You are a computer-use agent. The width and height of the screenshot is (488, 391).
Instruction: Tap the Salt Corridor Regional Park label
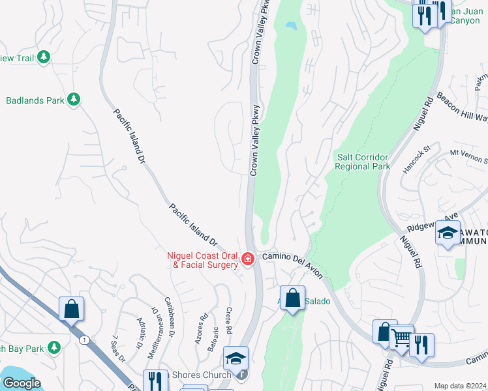362,162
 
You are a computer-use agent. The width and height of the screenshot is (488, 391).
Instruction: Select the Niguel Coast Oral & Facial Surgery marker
247,259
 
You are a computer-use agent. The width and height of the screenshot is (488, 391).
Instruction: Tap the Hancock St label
417,159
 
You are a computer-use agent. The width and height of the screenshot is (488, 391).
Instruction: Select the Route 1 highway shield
84,340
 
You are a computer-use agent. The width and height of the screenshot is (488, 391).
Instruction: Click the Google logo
22,383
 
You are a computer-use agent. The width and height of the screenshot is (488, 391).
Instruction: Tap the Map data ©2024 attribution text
460,386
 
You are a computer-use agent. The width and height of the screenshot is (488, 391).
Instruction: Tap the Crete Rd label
229,319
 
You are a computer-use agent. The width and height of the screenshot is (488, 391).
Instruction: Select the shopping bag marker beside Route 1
71,308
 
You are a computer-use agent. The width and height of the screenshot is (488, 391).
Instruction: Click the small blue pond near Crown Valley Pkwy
290,27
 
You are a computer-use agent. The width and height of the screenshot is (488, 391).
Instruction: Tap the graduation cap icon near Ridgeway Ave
448,233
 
